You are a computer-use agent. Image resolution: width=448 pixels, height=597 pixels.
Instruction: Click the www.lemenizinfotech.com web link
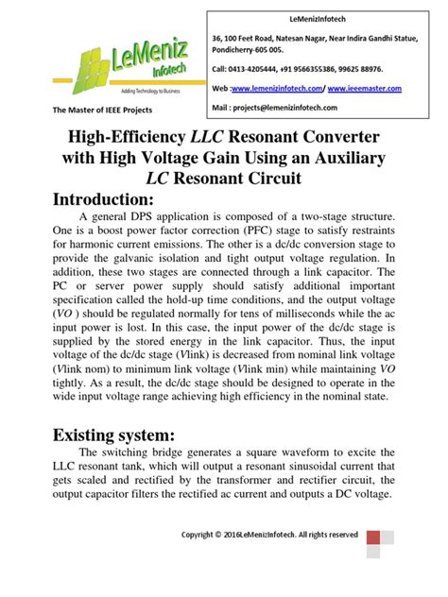pyautogui.click(x=277, y=88)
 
